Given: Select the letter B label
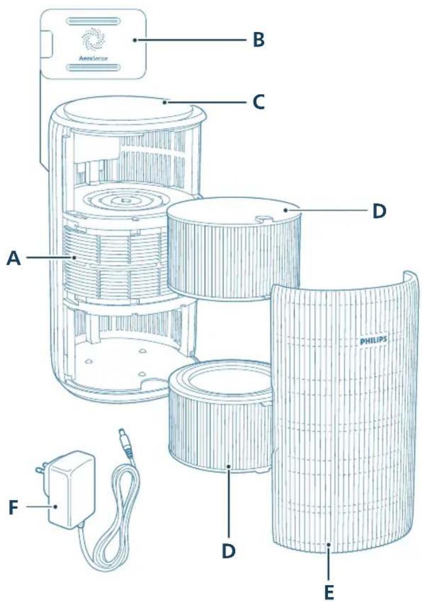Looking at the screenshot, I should point(258,40).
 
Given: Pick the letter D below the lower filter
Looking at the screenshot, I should point(228,550).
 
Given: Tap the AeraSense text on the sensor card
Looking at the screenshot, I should point(92,59).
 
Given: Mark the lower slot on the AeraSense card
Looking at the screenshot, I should point(92,68).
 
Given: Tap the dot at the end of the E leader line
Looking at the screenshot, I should point(329,545).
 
